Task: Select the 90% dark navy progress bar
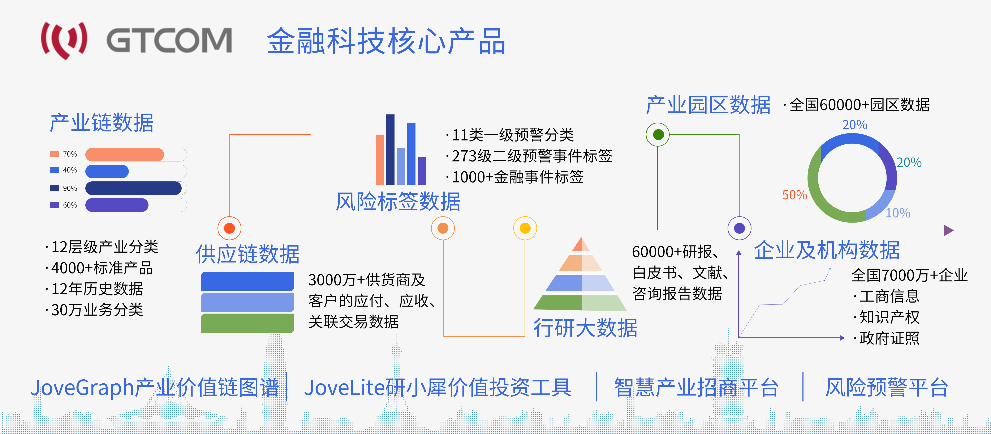click(133, 188)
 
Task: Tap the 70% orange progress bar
click(124, 154)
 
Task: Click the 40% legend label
click(70, 170)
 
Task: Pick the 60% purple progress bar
click(117, 205)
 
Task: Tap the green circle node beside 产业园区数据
click(658, 134)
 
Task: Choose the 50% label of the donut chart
click(794, 195)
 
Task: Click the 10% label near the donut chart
click(898, 213)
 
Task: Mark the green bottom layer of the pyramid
click(580, 303)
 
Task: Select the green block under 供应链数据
click(247, 323)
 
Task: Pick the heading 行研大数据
click(585, 328)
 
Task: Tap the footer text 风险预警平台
click(886, 387)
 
